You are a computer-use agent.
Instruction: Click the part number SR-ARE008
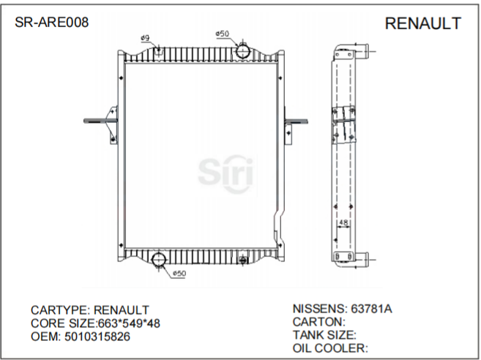[x=52, y=23]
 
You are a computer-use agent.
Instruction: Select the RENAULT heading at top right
[x=422, y=24]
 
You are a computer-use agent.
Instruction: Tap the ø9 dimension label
[x=145, y=37]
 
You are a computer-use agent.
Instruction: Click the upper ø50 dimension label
[x=223, y=34]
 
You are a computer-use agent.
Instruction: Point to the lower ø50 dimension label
[x=179, y=274]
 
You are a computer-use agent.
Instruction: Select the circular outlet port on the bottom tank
[x=160, y=259]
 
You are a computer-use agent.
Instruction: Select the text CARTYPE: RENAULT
[x=89, y=310]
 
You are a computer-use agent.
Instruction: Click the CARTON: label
[x=319, y=321]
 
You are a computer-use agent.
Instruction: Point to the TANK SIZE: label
[x=324, y=334]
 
